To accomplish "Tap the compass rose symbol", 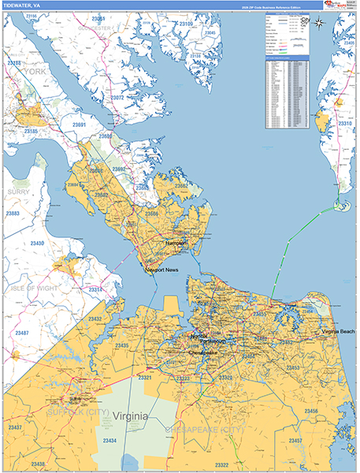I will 318,23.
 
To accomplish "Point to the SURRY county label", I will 19,192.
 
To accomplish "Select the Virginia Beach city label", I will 338,332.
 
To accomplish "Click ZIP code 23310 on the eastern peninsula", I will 345,124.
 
